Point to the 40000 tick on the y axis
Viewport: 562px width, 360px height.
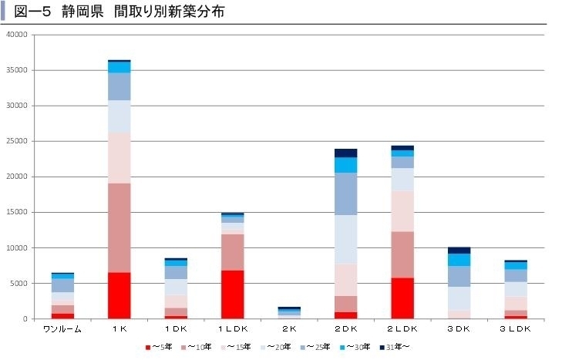pyautogui.click(x=16, y=35)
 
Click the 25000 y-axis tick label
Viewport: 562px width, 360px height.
pyautogui.click(x=16, y=141)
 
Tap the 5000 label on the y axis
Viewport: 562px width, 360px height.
pyautogui.click(x=19, y=283)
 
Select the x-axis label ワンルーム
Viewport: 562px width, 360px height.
pyautogui.click(x=62, y=328)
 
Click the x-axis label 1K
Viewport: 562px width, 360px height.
pyautogui.click(x=119, y=328)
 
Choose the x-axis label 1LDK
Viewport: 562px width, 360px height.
pyautogui.click(x=232, y=328)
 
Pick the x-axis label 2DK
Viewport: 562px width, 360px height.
pyautogui.click(x=345, y=328)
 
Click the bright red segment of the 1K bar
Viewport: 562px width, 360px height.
pyautogui.click(x=119, y=295)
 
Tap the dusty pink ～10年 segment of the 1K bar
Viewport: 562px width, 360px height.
pyautogui.click(x=119, y=227)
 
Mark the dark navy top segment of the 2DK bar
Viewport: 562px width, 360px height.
pyautogui.click(x=345, y=153)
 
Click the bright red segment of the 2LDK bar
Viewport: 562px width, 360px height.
pyautogui.click(x=402, y=298)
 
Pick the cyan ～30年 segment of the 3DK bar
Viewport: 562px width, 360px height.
pyautogui.click(x=459, y=259)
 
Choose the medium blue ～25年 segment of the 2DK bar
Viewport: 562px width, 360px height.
pyautogui.click(x=345, y=193)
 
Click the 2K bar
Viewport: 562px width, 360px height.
pyautogui.click(x=289, y=312)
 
